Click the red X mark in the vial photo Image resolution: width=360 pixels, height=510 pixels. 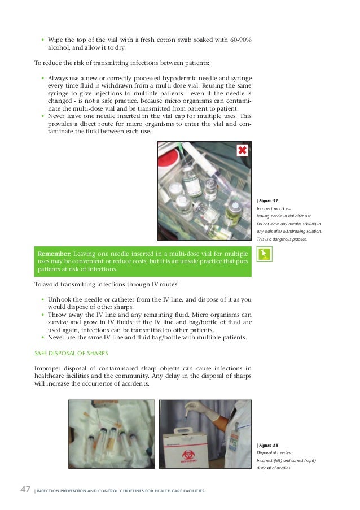[x=242, y=150]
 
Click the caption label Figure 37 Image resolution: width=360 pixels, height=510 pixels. [x=269, y=200]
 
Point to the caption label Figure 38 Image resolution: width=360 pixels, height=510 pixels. [x=269, y=444]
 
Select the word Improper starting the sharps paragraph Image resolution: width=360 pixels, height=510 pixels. [x=49, y=368]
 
